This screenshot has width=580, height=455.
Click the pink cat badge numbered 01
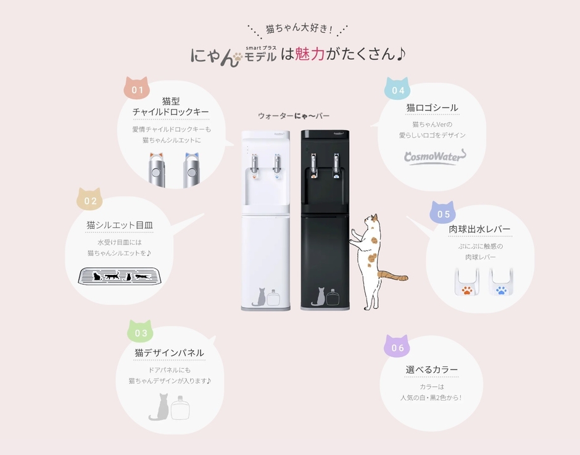(137, 89)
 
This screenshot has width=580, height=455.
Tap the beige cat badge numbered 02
(90, 200)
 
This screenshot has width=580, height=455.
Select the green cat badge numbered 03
(141, 332)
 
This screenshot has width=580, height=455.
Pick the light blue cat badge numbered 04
(398, 89)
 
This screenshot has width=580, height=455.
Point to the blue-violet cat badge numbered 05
(443, 213)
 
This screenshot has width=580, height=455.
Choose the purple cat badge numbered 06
(397, 347)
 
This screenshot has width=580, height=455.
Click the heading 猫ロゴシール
(432, 108)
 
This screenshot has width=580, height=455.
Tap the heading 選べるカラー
(432, 370)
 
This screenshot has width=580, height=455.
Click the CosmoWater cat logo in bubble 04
(431, 157)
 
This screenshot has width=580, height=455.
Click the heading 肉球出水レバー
(479, 229)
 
